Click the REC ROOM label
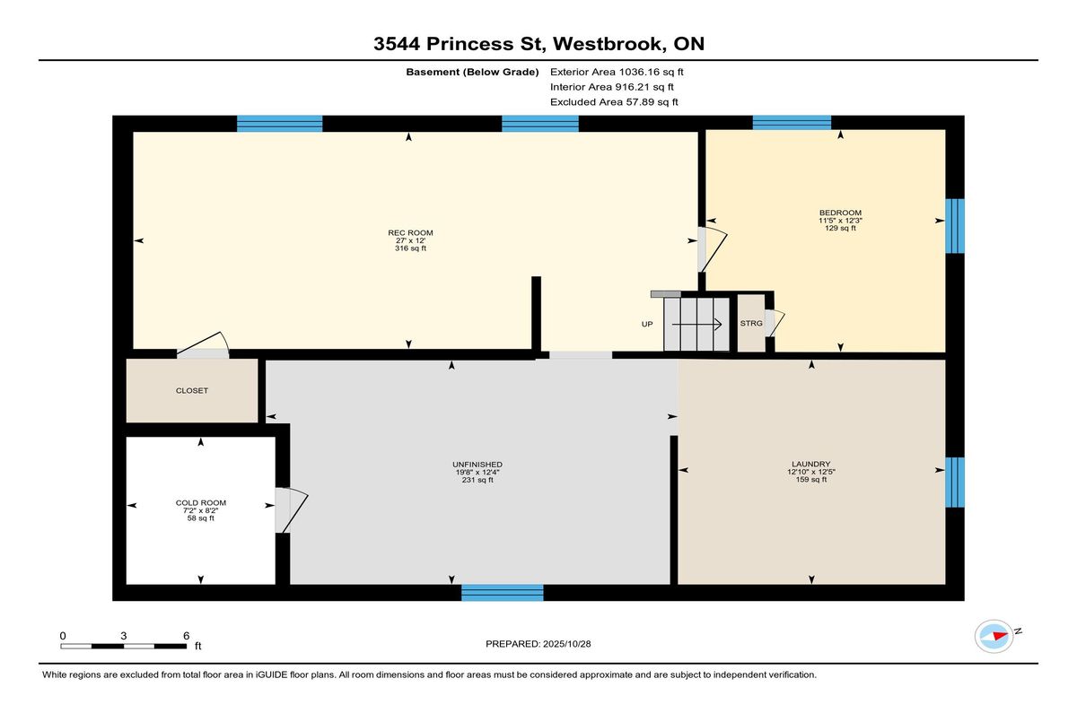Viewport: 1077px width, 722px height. point(410,233)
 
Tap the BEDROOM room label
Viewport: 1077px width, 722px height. point(840,213)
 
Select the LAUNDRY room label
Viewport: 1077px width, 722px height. point(811,464)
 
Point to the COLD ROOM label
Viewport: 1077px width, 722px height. point(200,503)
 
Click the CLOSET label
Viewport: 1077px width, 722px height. point(192,390)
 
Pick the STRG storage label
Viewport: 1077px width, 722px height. point(751,323)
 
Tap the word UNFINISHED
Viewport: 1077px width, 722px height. point(477,465)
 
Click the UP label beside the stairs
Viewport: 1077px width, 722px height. point(647,325)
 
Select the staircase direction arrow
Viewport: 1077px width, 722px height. point(696,325)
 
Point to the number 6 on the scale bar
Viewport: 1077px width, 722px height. point(186,636)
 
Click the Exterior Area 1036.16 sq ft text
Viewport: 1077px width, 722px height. point(617,72)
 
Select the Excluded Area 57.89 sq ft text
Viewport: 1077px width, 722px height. point(614,102)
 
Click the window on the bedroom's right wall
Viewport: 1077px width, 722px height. point(955,226)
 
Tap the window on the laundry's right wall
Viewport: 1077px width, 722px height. point(955,483)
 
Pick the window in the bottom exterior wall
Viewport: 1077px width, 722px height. point(503,592)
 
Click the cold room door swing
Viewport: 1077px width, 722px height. point(292,510)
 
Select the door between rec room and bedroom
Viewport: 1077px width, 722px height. point(713,249)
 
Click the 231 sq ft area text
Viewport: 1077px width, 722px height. point(477,480)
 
